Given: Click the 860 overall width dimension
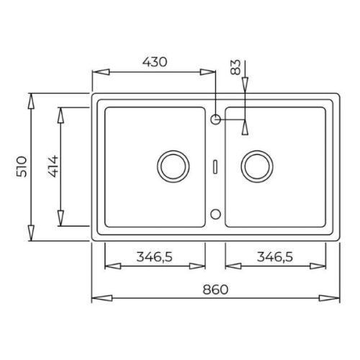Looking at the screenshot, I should [215, 288].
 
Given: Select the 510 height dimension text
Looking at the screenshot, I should [22, 167].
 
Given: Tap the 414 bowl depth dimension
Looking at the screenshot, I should [52, 167].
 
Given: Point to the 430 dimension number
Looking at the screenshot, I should [154, 62].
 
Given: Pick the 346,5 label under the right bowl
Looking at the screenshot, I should [274, 255].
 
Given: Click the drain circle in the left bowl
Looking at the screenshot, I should [172, 166].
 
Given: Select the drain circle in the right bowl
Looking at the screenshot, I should [256, 166].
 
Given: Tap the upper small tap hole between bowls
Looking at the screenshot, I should [215, 118].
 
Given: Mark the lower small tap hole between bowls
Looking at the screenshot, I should [215, 214].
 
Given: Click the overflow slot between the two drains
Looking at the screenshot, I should [215, 166].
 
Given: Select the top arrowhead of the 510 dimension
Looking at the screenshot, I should [31, 101].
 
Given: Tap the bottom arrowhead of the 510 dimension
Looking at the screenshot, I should [31, 233].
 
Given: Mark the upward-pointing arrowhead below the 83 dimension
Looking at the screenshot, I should [246, 126].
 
